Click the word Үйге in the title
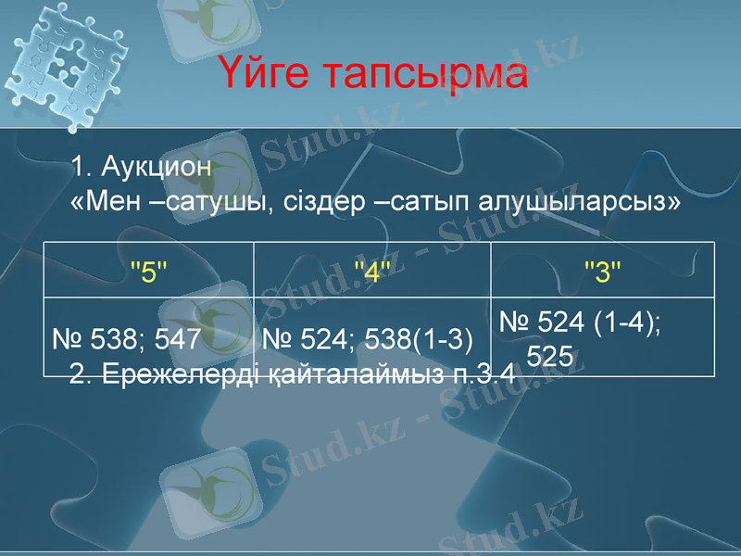271,75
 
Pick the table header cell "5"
149,272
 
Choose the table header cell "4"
372,272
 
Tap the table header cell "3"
602,272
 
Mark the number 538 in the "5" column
114,340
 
